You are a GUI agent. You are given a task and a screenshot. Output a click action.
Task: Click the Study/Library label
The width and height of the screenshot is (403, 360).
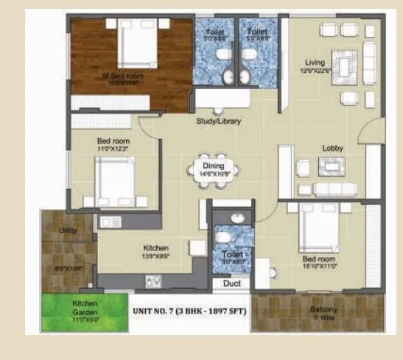tap(217, 121)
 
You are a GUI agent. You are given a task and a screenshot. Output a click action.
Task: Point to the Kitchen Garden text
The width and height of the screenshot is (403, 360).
tap(74, 308)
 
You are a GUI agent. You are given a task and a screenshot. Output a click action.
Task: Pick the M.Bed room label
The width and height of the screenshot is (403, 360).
tap(122, 76)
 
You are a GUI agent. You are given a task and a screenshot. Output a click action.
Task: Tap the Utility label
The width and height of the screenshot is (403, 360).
tap(68, 229)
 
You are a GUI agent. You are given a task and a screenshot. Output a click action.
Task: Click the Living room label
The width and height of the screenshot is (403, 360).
tap(318, 63)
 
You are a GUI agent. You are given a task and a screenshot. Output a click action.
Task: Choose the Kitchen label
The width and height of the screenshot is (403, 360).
tap(156, 248)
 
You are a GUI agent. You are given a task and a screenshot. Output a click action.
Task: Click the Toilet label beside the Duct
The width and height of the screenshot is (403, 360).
tap(231, 254)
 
